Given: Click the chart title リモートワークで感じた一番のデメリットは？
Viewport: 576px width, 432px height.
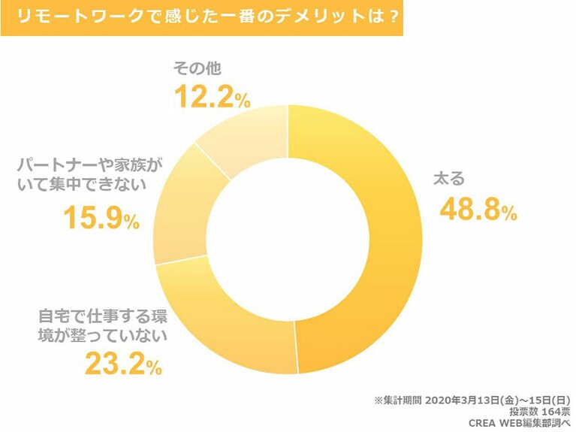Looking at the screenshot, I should click(201, 17).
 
